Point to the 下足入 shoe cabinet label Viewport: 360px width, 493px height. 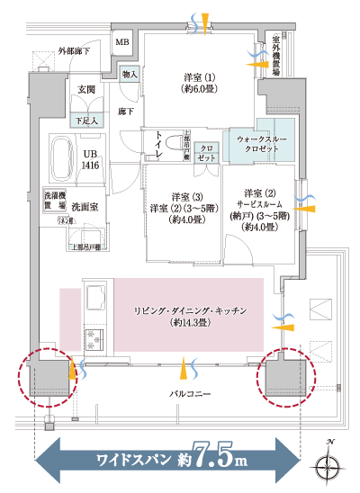(x=86, y=119)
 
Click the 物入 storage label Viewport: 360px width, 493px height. (x=129, y=74)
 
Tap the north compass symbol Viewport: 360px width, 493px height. (x=328, y=466)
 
